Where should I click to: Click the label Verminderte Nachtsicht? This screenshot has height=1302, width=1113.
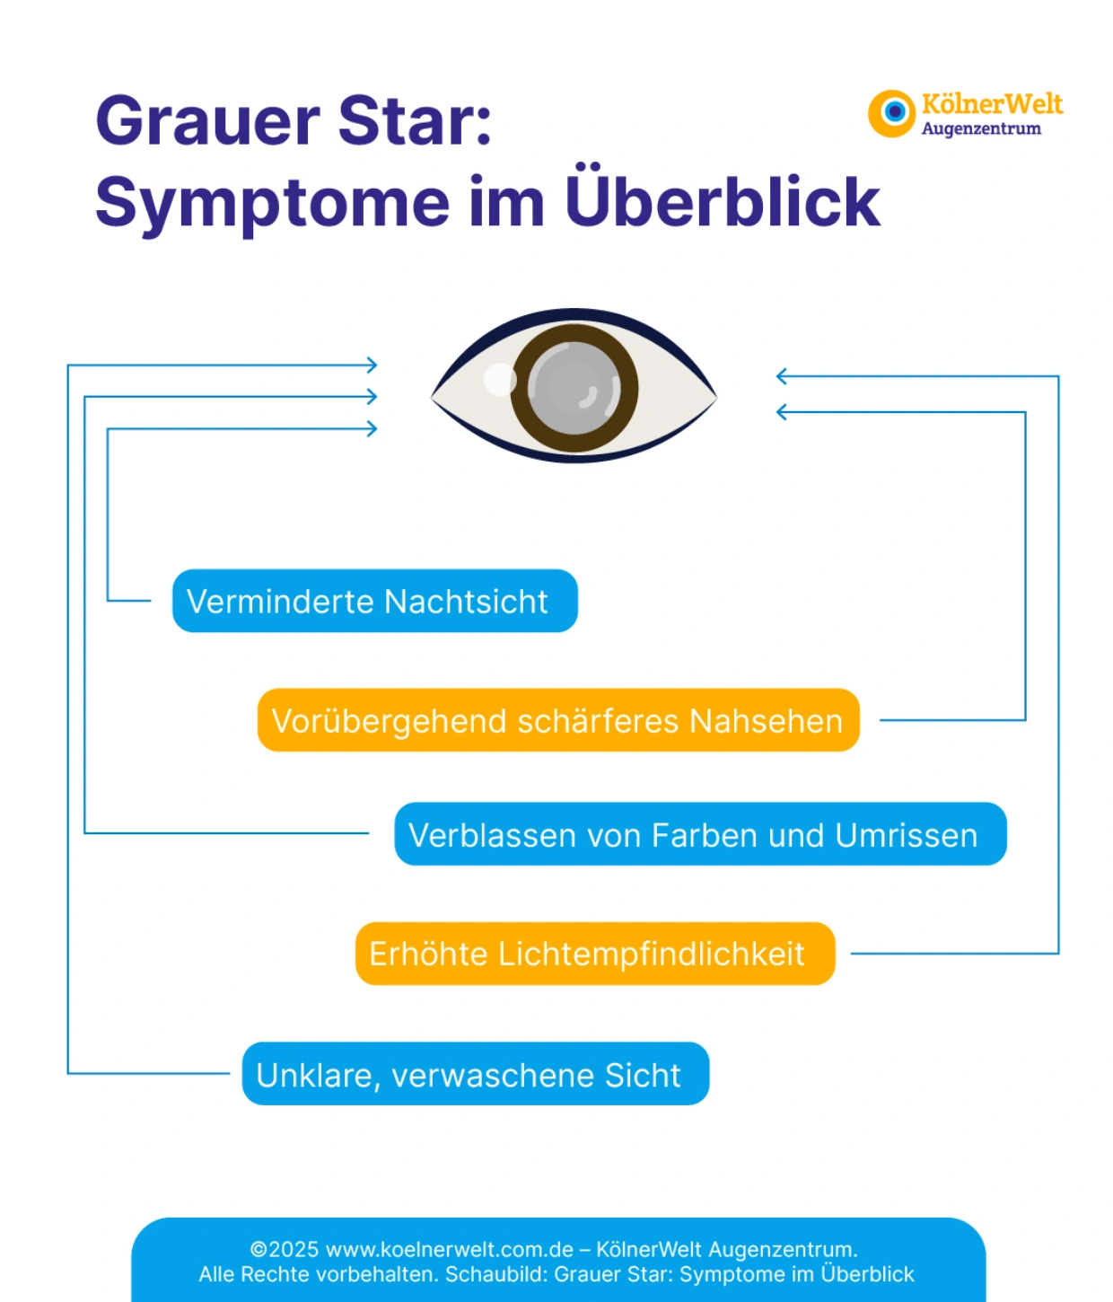click(x=374, y=601)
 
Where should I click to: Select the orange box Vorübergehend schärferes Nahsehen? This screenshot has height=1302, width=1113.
click(x=557, y=720)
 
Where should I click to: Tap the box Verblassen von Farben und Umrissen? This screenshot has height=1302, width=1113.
click(x=700, y=834)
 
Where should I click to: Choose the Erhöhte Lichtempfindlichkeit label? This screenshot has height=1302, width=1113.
click(x=594, y=954)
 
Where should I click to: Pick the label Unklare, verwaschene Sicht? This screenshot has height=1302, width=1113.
click(x=475, y=1074)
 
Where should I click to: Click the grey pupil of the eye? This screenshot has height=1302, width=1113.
click(x=574, y=388)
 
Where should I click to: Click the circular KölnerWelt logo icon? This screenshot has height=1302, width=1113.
click(x=892, y=113)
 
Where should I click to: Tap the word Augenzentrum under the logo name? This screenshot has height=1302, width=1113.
click(x=981, y=129)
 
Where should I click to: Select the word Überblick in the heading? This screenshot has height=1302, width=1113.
click(x=723, y=201)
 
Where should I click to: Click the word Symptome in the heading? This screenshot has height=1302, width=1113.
click(x=272, y=203)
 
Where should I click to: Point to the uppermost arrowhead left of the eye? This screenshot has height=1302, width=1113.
click(x=372, y=365)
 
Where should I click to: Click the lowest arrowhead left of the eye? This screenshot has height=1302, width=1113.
click(x=372, y=428)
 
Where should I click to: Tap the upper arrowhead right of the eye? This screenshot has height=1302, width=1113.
click(x=782, y=376)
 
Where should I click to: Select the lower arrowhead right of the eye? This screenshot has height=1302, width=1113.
click(x=782, y=412)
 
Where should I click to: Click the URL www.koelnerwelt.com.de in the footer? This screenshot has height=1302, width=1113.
click(x=449, y=1249)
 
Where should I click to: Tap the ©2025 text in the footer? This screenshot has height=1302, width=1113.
click(x=284, y=1249)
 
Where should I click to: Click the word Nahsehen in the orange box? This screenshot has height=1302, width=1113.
click(x=766, y=720)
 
